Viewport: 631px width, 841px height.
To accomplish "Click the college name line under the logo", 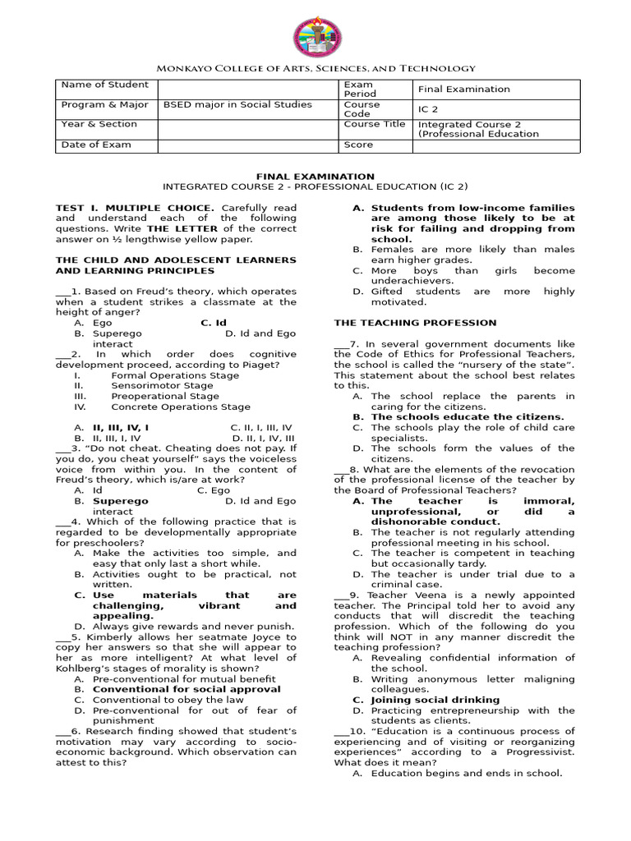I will coord(315,69).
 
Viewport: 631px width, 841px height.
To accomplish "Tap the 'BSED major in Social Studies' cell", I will coord(237,104).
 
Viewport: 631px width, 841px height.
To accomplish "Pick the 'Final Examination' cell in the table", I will coord(464,90).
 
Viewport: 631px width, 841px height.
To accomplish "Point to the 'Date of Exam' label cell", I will coord(96,145).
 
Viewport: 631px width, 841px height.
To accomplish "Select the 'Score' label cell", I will coord(358,145).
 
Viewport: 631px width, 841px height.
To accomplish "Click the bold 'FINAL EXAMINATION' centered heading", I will coord(315,176).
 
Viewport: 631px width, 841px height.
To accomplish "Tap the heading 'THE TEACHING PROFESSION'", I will coord(415,323).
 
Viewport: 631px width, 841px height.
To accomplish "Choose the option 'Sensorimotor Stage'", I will coord(162,384).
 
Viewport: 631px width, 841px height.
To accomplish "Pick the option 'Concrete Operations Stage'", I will coord(181,406).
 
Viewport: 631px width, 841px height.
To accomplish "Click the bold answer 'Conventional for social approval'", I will coord(187,689).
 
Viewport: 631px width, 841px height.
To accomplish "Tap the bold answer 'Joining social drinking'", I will coord(435,700).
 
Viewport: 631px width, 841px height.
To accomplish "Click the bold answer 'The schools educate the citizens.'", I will coord(467,416).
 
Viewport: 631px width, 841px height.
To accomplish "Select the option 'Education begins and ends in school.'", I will coord(466,773).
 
